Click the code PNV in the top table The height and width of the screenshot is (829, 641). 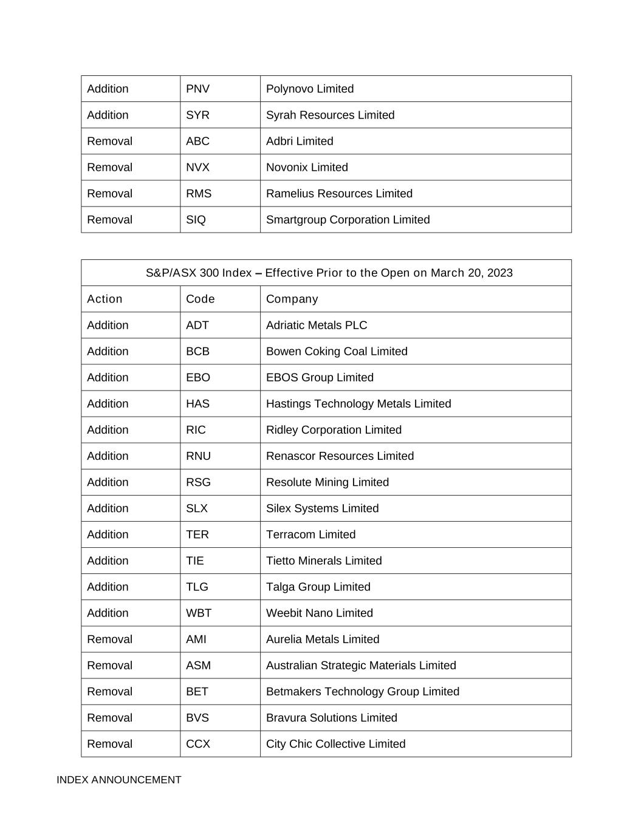click(x=197, y=89)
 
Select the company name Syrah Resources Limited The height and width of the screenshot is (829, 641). click(x=330, y=115)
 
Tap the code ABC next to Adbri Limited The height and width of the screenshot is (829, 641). click(x=197, y=141)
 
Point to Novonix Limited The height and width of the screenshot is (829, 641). click(x=307, y=167)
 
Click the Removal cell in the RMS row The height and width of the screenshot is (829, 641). click(x=109, y=193)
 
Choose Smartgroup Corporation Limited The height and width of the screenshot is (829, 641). click(x=348, y=219)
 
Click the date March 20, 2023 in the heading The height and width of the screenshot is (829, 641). click(x=471, y=273)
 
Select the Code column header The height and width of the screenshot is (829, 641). click(x=200, y=299)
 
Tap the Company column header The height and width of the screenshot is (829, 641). click(x=292, y=299)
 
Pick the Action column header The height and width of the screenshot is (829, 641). click(x=105, y=299)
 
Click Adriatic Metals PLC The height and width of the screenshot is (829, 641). click(x=317, y=325)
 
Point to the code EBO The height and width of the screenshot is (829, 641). click(x=197, y=377)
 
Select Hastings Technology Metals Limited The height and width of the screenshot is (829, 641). click(x=358, y=403)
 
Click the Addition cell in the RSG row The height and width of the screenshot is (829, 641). click(x=108, y=482)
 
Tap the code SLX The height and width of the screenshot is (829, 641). click(x=197, y=508)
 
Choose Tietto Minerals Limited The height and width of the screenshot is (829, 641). click(x=324, y=561)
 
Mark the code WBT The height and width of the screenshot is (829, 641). click(x=199, y=613)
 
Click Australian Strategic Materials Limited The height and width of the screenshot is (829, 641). click(x=361, y=665)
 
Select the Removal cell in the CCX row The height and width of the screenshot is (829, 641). click(x=109, y=744)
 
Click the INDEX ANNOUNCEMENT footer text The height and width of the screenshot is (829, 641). click(x=118, y=780)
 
